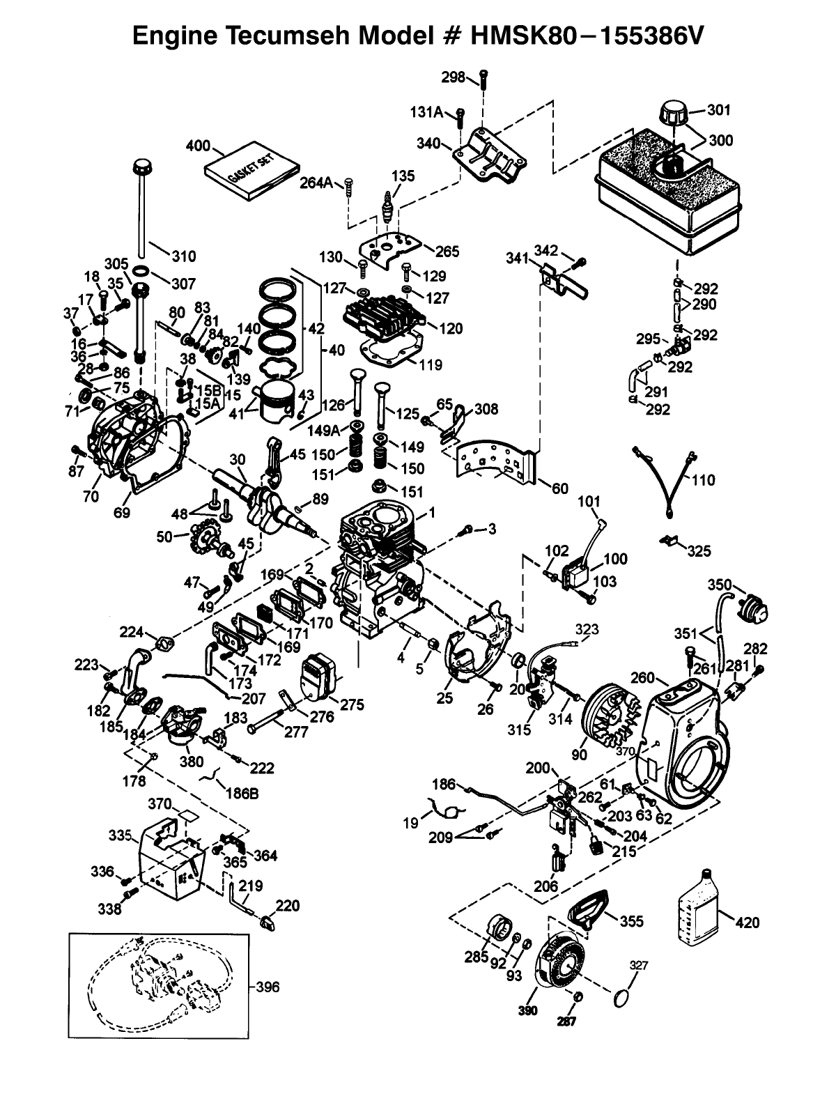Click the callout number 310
[x=183, y=256]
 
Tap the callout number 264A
[x=316, y=183]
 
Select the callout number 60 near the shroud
[x=560, y=488]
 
